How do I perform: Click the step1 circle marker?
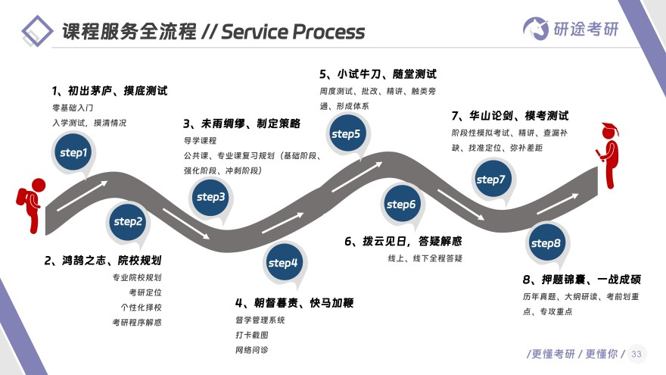74,152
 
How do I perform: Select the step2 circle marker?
128,221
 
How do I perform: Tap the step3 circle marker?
211,197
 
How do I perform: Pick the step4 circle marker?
284,263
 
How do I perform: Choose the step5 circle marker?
347,134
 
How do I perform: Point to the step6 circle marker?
401,204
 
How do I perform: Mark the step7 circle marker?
490,180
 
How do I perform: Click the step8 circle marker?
546,243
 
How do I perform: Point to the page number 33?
636,354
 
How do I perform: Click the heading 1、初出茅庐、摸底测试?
109,90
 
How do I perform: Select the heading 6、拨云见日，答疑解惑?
403,242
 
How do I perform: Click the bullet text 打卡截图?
251,335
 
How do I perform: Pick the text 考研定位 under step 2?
145,292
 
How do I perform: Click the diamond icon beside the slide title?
38,31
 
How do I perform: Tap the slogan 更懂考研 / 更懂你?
571,354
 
